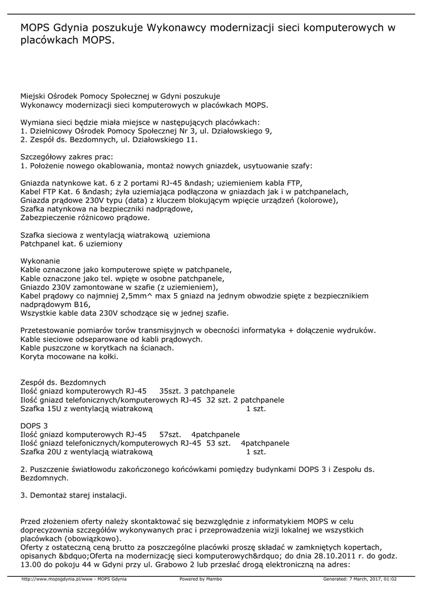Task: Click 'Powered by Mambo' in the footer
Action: coord(201,579)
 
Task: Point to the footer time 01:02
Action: coord(389,579)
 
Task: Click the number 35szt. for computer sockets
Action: coord(172,391)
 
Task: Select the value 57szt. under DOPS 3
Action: coord(170,434)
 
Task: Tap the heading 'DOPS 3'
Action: coord(34,425)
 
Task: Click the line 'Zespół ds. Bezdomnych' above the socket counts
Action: coord(63,382)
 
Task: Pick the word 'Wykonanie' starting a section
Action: coord(40,261)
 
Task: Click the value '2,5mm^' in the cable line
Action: coord(142,295)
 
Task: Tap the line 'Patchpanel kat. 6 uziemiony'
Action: coord(71,243)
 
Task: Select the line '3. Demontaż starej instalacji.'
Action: coord(73,495)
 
